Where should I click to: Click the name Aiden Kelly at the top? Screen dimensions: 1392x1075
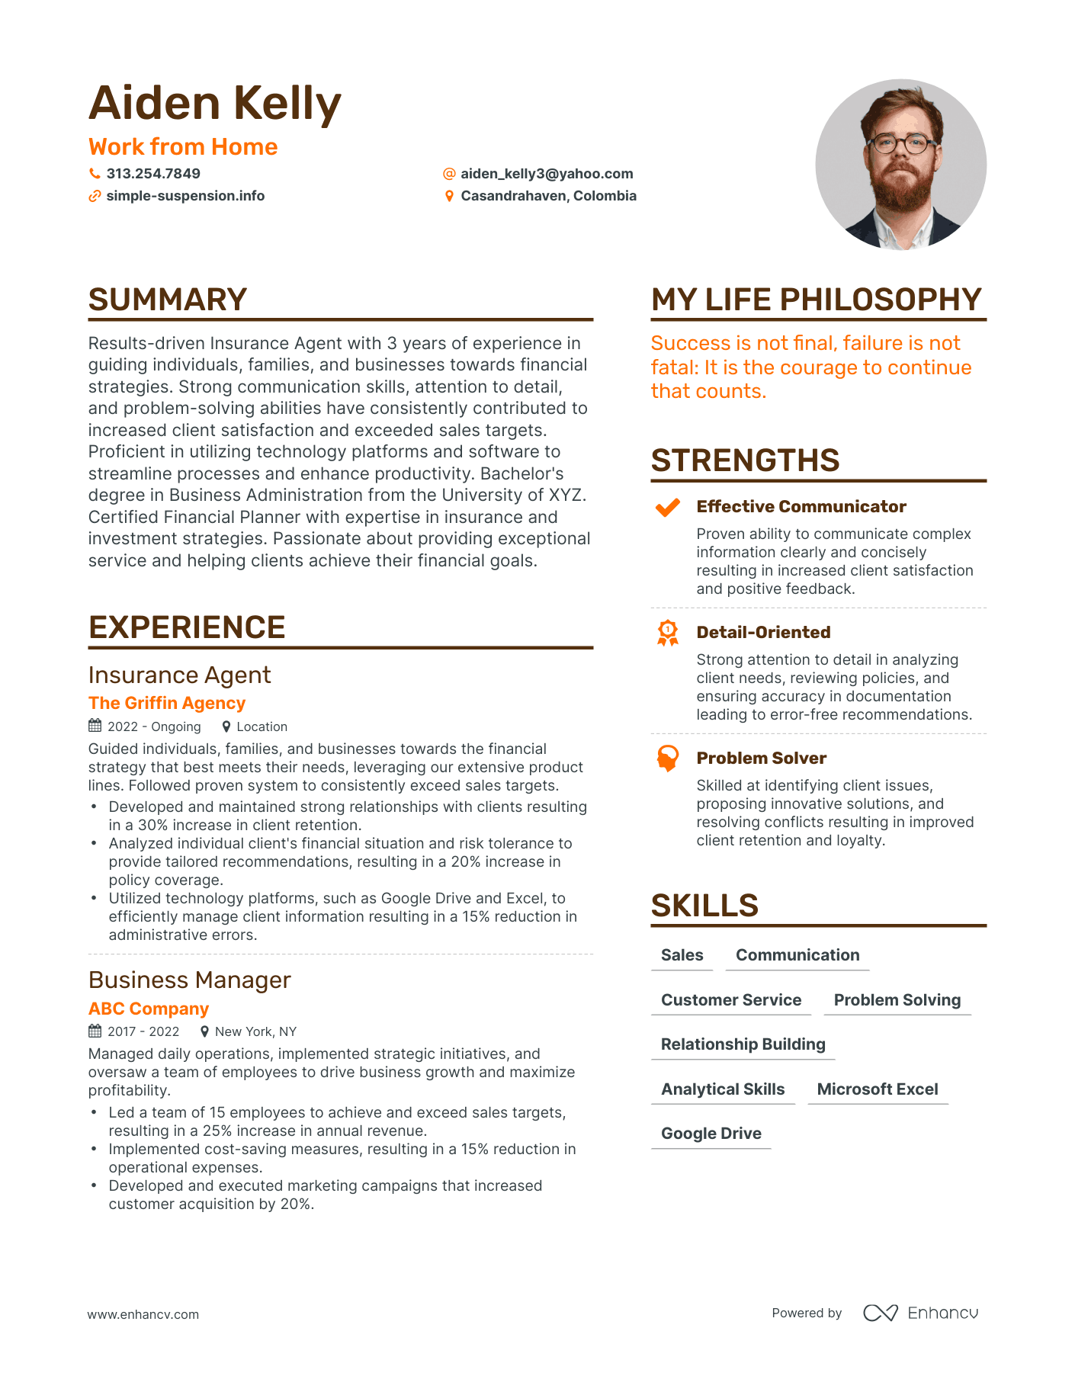pyautogui.click(x=214, y=104)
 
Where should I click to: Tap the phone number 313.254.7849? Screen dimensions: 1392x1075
pyautogui.click(x=153, y=174)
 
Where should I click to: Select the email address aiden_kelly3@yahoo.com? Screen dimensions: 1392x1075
pyautogui.click(x=547, y=174)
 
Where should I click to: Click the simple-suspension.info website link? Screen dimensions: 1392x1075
pyautogui.click(x=185, y=196)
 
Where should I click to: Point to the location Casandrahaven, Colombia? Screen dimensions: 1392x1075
pyautogui.click(x=548, y=196)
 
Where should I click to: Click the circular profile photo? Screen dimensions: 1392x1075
pyautogui.click(x=900, y=165)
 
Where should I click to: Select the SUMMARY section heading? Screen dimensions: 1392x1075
pyautogui.click(x=168, y=300)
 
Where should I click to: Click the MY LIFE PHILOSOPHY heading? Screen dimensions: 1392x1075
pyautogui.click(x=816, y=300)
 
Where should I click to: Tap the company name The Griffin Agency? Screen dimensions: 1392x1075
pyautogui.click(x=167, y=703)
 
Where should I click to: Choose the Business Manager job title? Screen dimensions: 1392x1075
pyautogui.click(x=190, y=980)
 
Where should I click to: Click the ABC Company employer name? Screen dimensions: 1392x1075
pyautogui.click(x=149, y=1009)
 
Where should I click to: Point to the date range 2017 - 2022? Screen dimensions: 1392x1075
pyautogui.click(x=143, y=1031)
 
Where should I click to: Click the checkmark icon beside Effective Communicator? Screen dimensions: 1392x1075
pyautogui.click(x=668, y=507)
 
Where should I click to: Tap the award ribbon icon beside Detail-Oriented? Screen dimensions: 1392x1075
pyautogui.click(x=668, y=633)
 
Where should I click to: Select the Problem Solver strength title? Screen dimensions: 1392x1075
pyautogui.click(x=761, y=758)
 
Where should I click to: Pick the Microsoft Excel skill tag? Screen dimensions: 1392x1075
pyautogui.click(x=878, y=1089)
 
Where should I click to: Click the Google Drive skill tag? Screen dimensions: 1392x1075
pyautogui.click(x=711, y=1134)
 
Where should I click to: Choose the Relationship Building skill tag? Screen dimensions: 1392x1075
pyautogui.click(x=743, y=1044)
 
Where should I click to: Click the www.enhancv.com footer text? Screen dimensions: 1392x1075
pyautogui.click(x=143, y=1314)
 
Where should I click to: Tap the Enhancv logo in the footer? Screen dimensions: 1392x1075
pyautogui.click(x=920, y=1313)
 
